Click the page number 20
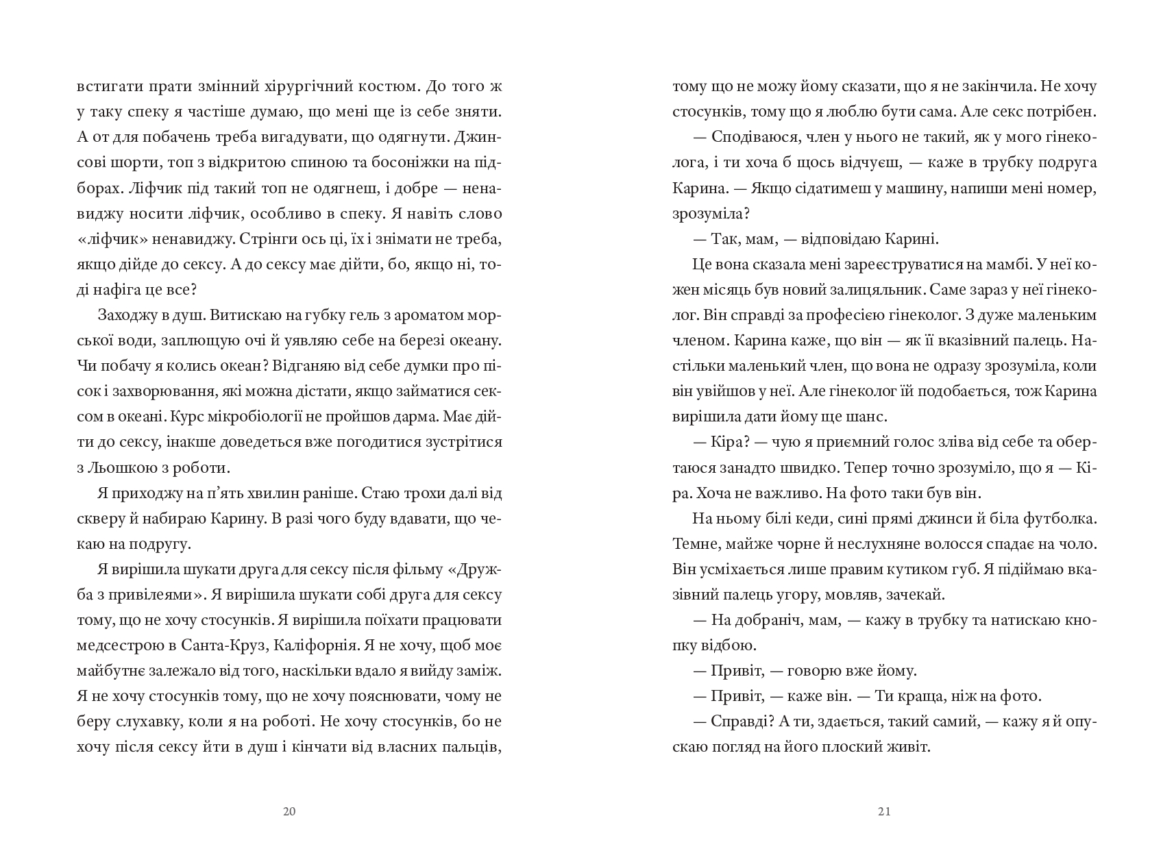[289, 812]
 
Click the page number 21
[884, 812]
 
